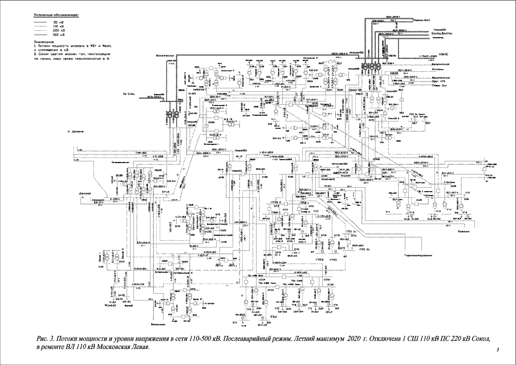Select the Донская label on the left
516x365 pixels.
86,193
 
